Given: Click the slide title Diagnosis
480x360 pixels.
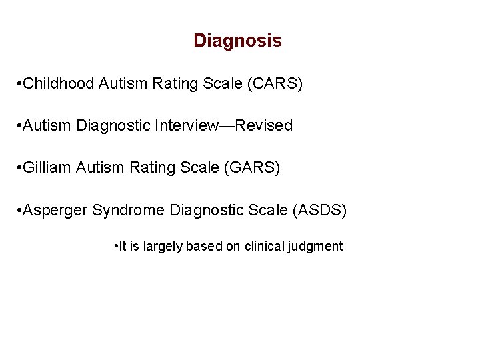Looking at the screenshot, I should (237, 41).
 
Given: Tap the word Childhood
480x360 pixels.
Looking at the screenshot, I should (59, 84).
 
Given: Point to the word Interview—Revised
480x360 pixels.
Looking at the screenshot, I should (232, 125).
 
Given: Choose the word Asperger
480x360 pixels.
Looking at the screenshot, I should (55, 211).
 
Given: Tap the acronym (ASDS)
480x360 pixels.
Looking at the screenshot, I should (320, 211).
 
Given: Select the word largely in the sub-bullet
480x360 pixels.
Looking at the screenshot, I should (161, 247).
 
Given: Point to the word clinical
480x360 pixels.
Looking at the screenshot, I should (264, 247).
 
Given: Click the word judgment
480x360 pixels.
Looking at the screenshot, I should (315, 247).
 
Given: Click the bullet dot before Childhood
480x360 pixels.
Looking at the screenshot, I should (19, 84).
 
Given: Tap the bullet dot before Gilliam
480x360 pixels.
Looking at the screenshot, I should (19, 167).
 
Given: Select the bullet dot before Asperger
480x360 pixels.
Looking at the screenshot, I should (19, 211).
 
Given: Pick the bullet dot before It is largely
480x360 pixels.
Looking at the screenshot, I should (117, 247).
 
